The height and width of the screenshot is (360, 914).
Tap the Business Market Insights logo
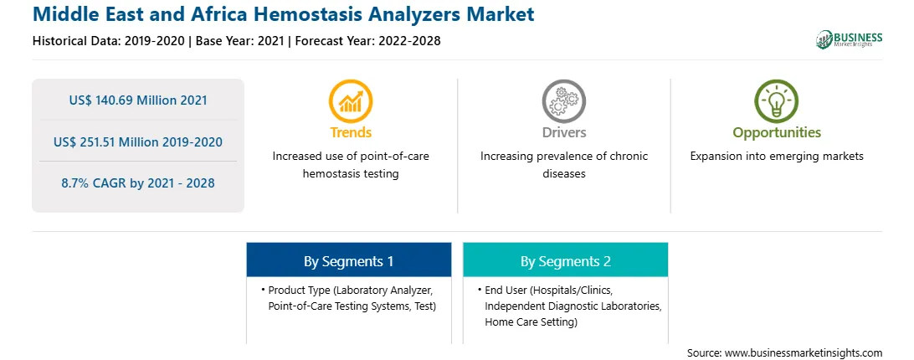(849, 39)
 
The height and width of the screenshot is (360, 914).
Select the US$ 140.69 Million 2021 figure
(138, 100)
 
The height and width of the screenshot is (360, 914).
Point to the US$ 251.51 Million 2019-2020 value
(138, 141)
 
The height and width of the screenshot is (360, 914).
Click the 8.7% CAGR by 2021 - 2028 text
(138, 183)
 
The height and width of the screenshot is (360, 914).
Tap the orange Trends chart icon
(351, 101)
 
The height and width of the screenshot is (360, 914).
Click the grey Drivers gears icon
(563, 101)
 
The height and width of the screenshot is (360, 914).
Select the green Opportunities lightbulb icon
(777, 101)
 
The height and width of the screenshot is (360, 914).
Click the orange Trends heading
(351, 132)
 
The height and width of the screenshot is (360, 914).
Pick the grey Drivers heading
(563, 132)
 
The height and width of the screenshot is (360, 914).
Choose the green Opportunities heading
(777, 133)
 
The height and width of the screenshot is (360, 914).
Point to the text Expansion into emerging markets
(777, 157)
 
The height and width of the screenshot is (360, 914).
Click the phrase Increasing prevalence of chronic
(563, 157)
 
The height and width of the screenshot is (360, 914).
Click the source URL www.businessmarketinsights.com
(804, 353)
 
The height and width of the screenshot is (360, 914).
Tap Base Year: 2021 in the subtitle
(239, 41)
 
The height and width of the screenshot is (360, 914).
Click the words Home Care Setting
(529, 321)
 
